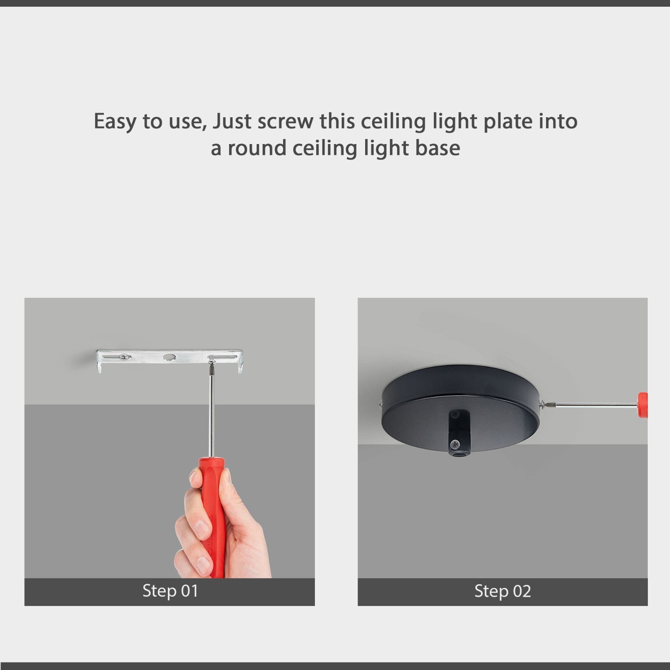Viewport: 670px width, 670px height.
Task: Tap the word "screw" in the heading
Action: tap(285, 121)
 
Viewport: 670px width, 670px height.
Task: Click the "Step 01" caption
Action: tap(170, 591)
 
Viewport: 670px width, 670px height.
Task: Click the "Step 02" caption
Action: tap(502, 591)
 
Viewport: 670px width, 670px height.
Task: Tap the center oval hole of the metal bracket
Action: tap(169, 357)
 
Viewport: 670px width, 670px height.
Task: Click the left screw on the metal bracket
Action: tap(124, 357)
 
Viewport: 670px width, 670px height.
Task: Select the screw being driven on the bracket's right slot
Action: tap(211, 358)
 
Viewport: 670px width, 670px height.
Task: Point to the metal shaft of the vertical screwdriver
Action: tap(211, 415)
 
